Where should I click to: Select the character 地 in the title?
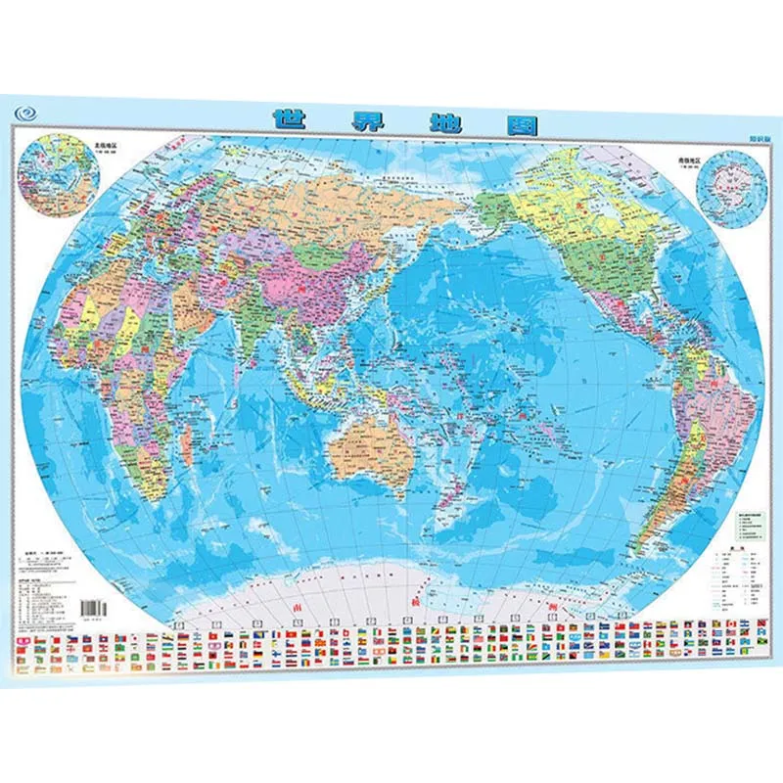point(426,122)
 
